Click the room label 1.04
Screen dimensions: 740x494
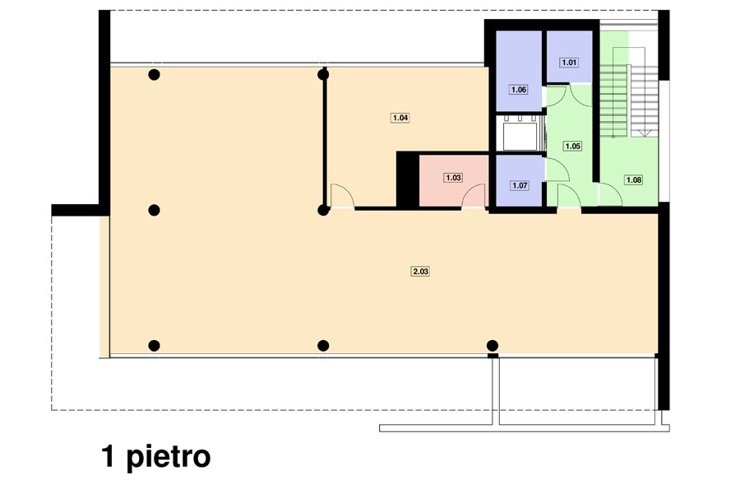click(400, 118)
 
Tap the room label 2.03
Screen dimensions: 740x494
click(420, 272)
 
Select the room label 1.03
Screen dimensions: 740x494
click(453, 178)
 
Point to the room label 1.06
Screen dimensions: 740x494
click(519, 90)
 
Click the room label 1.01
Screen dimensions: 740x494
click(569, 63)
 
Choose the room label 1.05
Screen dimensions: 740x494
click(573, 146)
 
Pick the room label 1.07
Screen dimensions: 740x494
click(520, 185)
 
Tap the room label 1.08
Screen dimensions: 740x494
click(633, 179)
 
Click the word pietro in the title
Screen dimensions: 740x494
click(169, 457)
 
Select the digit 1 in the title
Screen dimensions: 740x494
click(109, 455)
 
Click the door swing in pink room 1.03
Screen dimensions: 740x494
click(474, 196)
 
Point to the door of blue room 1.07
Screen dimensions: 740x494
click(557, 170)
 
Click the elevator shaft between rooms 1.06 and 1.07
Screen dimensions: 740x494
click(520, 133)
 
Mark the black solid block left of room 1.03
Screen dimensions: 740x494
click(408, 179)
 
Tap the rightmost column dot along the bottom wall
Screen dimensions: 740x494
click(493, 346)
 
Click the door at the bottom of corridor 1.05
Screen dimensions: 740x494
click(569, 196)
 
